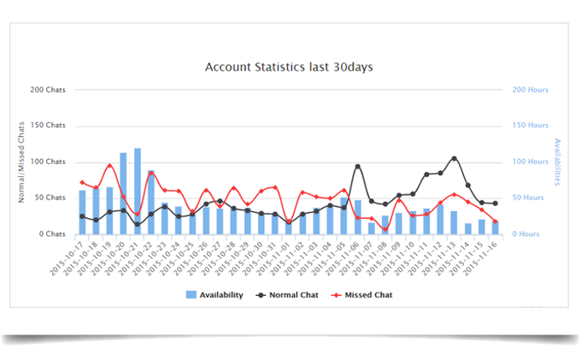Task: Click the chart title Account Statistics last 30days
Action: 289,66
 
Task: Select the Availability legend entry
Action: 215,295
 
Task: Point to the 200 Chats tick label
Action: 48,90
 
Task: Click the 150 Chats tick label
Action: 48,126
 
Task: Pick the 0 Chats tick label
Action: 52,234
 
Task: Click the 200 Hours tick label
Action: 531,90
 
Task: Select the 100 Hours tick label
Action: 531,162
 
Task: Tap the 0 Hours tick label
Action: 533,234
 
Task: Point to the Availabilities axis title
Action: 557,162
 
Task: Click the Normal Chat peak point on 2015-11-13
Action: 454,158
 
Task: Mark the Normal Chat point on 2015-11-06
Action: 357,167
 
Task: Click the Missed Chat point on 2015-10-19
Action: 109,165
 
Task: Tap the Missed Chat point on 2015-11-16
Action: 495,221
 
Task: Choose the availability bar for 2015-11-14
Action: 467,228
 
